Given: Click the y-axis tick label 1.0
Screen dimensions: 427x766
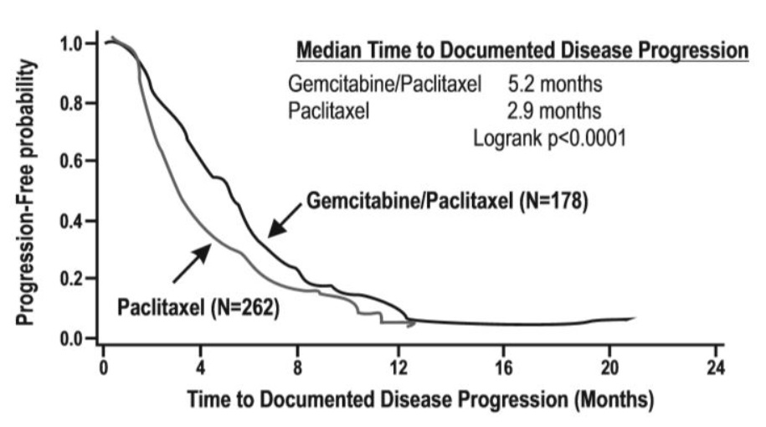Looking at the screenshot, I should pos(74,43).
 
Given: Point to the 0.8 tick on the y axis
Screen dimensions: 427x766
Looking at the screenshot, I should pos(74,103).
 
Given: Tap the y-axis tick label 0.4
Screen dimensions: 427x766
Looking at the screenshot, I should pos(74,221).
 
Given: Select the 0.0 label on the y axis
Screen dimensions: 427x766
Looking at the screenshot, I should pos(74,338).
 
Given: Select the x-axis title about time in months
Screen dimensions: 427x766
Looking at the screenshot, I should pos(419,399).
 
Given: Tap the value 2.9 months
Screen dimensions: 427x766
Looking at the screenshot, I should pos(554,110).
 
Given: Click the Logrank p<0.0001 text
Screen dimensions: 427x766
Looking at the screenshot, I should pos(550,135).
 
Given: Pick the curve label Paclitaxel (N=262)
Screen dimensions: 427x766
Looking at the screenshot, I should pos(197,307).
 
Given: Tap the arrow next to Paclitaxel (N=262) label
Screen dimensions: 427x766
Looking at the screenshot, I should pos(193,262).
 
